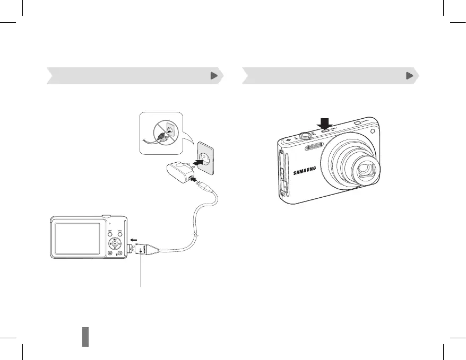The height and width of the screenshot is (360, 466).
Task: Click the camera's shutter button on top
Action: click(x=305, y=135)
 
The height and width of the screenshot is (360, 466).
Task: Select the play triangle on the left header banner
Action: click(x=213, y=76)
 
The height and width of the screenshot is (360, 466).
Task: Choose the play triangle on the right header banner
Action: click(x=409, y=76)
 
